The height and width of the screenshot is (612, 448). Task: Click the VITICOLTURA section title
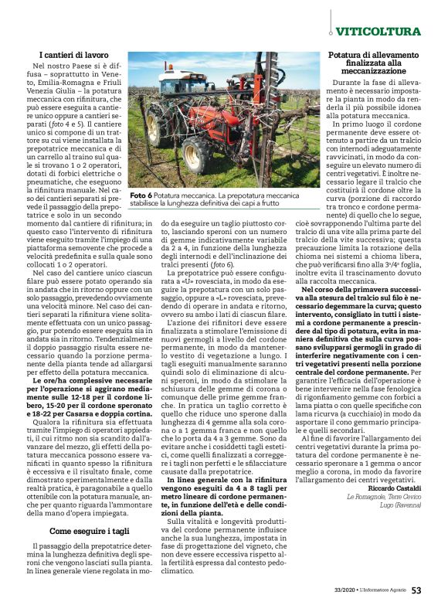click(379, 32)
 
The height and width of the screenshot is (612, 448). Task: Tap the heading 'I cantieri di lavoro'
click(73, 56)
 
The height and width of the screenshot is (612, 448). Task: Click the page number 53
click(416, 591)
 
